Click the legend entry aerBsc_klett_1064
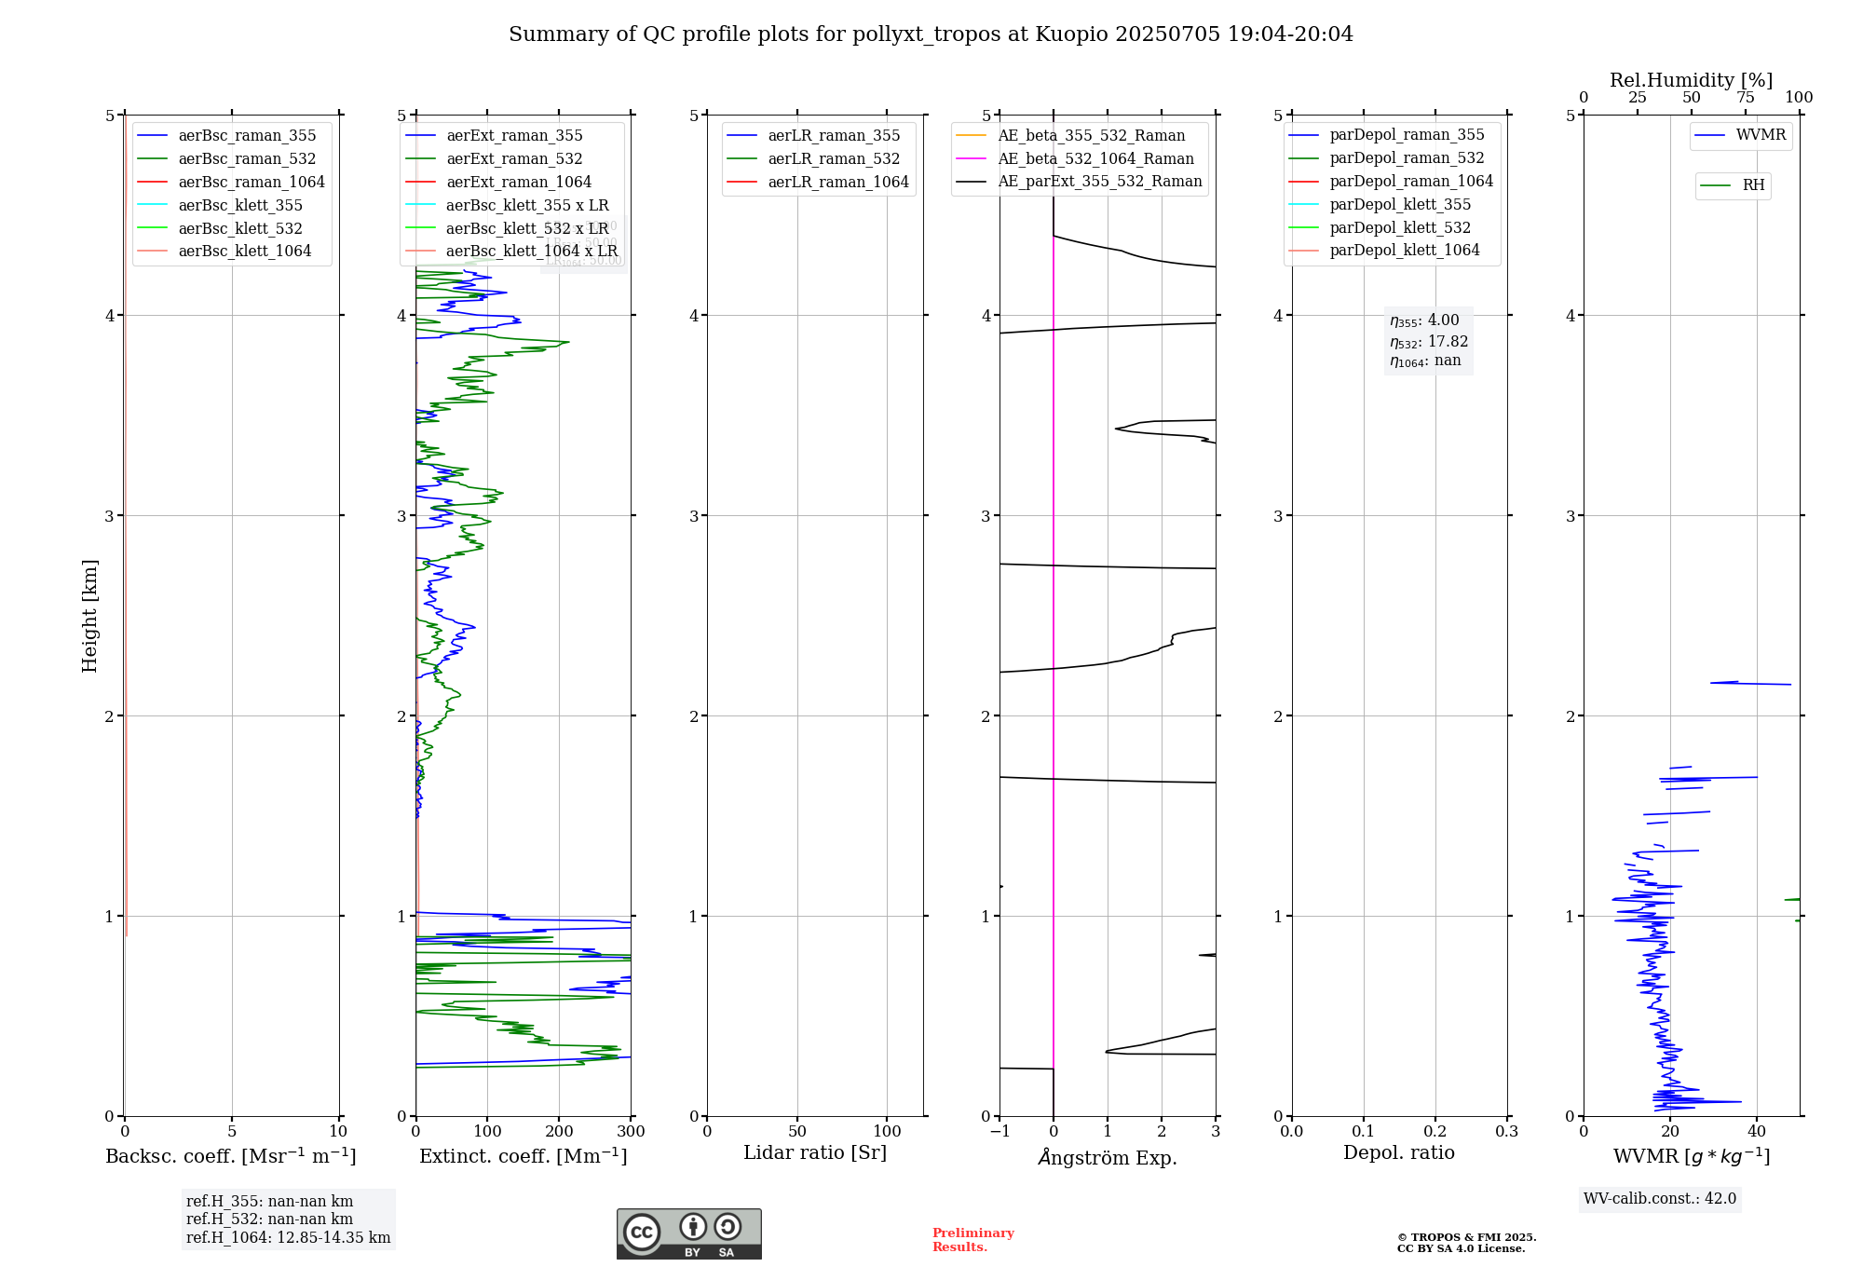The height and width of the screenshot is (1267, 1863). point(244,252)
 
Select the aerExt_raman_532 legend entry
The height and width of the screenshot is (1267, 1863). point(514,159)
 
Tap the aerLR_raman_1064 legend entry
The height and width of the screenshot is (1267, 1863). point(837,183)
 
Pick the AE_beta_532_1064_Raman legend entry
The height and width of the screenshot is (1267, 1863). point(1095,159)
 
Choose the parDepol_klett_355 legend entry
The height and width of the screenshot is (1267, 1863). point(1400,205)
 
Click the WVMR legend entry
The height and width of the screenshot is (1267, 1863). point(1761,135)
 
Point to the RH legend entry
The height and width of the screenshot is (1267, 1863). point(1753,185)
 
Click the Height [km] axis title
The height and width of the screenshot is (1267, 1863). point(89,615)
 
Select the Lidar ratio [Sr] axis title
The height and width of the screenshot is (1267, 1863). point(815,1153)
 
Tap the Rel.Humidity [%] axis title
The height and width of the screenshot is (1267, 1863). point(1691,80)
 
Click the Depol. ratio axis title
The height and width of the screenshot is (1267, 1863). point(1398,1153)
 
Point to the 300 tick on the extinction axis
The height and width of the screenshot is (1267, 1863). point(631,1132)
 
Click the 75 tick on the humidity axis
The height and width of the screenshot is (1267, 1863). point(1745,98)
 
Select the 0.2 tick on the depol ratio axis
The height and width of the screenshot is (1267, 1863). point(1435,1132)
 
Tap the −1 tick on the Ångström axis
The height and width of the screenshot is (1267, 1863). point(999,1132)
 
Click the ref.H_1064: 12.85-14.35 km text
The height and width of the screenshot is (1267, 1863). point(288,1238)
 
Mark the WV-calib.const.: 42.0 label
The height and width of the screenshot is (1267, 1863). point(1660,1199)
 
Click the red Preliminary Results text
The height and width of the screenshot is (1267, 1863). point(972,1240)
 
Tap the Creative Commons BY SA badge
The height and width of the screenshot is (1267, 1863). point(688,1234)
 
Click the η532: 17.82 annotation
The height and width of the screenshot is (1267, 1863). point(1428,342)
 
